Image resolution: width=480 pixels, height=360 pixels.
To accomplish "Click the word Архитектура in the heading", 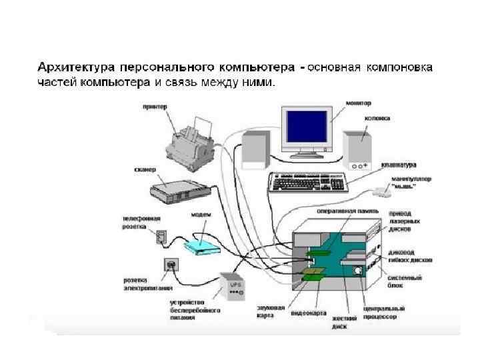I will [x=75, y=68].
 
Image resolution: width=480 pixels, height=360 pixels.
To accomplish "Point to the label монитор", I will [x=359, y=103].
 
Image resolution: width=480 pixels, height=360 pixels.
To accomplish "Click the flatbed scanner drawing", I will [x=175, y=189].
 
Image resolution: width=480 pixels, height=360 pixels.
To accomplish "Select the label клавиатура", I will [x=399, y=165].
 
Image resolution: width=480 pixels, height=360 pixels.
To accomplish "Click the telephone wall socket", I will [x=161, y=236].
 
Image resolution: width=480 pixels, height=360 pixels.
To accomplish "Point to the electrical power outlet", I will [x=173, y=265].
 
